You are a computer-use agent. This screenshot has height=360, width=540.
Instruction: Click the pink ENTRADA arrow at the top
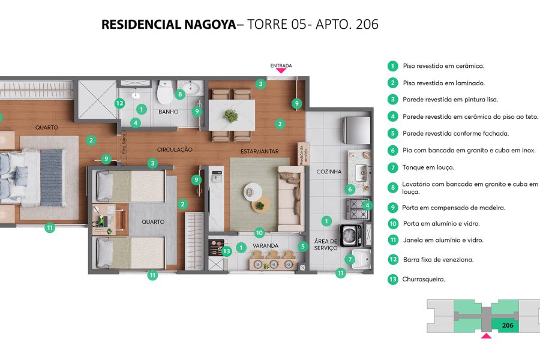281,71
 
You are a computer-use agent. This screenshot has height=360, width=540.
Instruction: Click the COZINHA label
329,172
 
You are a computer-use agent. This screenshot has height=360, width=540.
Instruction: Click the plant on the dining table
231,116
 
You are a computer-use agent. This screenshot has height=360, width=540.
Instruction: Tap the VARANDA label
265,246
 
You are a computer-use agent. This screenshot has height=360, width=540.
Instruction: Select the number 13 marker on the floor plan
226,251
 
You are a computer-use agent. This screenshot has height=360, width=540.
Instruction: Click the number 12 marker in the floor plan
119,103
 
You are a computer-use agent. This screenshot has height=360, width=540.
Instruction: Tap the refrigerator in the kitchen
355,129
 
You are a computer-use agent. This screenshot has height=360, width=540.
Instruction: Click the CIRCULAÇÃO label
175,149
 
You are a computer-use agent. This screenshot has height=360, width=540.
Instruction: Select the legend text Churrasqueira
424,279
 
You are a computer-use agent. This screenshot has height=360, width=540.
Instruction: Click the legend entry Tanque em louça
428,167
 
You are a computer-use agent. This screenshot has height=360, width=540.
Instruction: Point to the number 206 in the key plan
507,325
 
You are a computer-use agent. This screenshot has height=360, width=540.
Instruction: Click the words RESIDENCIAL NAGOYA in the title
169,25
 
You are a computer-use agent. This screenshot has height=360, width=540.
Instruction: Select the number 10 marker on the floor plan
259,232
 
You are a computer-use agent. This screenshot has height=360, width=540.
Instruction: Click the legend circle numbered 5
392,133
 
